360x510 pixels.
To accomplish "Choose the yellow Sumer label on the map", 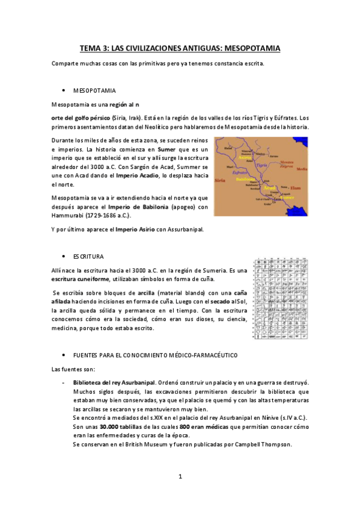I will (x=287, y=197).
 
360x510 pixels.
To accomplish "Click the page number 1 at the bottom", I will (x=180, y=477).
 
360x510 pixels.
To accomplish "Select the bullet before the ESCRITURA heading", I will (x=63, y=256).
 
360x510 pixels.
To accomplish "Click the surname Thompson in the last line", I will (x=274, y=444).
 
